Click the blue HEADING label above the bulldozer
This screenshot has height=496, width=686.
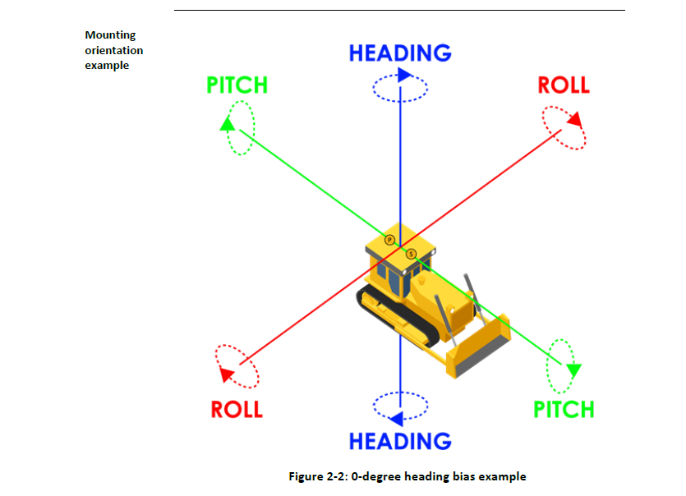pyautogui.click(x=400, y=53)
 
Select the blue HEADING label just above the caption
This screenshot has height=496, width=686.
pyautogui.click(x=400, y=441)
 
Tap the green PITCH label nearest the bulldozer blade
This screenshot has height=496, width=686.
pyautogui.click(x=564, y=409)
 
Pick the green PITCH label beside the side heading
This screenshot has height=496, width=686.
pyautogui.click(x=237, y=85)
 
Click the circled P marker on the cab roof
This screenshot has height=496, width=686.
pyautogui.click(x=390, y=239)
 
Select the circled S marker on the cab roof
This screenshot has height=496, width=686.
pyautogui.click(x=412, y=253)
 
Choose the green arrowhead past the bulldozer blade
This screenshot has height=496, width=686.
pyautogui.click(x=573, y=370)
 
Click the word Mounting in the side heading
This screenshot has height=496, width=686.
pyautogui.click(x=110, y=35)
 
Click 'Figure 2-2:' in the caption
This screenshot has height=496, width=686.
pyautogui.click(x=317, y=476)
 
